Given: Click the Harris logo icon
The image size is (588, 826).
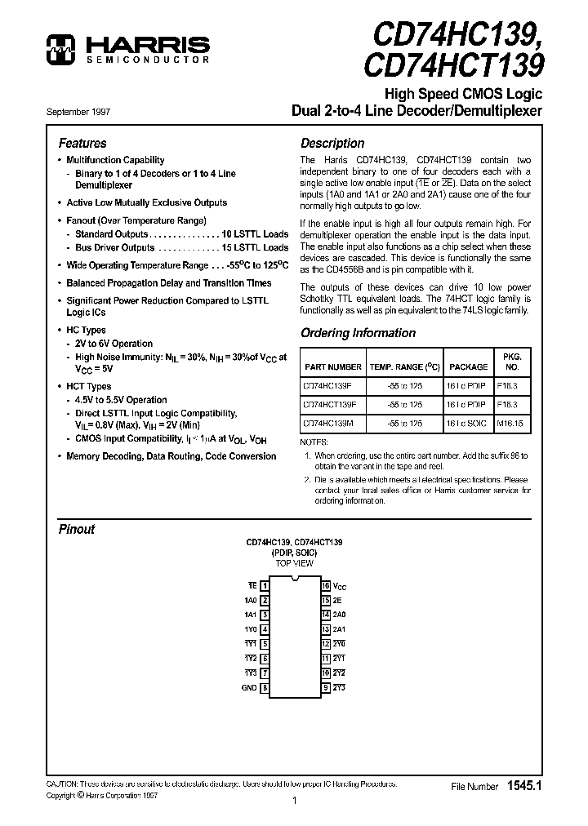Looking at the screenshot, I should point(59,48).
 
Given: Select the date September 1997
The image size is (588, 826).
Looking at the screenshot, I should point(78,111).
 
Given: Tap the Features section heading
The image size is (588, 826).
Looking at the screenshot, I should point(82,143).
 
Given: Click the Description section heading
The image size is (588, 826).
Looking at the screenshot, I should point(332,143).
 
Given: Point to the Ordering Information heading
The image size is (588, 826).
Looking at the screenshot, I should point(358,333).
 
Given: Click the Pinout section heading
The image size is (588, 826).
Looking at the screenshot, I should point(77,529).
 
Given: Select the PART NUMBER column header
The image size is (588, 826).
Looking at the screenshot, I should point(332,367).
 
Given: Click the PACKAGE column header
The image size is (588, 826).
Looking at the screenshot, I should point(468,367).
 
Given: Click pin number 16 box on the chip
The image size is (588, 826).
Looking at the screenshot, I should point(325,586).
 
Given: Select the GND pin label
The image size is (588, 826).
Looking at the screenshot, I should point(249,688).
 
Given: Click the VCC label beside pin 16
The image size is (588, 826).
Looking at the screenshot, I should point(340,587).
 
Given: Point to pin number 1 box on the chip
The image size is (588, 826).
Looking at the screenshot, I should point(265,586).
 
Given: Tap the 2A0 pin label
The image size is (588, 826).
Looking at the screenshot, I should point(339,615).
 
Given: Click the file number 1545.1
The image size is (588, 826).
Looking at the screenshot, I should point(523,786).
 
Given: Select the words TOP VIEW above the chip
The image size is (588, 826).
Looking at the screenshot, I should point(294,564).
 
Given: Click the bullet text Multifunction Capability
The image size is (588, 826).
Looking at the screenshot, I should point(115,160).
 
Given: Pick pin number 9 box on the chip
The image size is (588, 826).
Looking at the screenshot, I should point(325,688).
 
